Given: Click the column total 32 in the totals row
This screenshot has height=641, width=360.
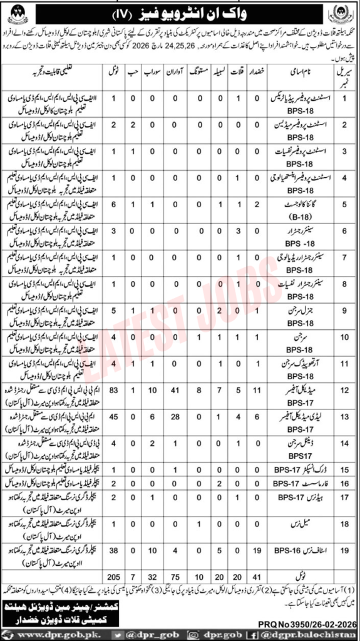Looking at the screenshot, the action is click(x=151, y=575).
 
